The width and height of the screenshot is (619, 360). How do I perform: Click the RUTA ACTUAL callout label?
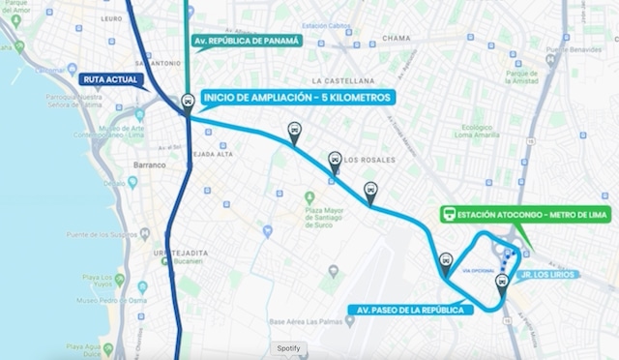(x=111, y=79)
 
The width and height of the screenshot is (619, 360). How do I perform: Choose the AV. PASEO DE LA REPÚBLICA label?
(x=415, y=310)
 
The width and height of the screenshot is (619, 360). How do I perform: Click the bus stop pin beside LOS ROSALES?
(x=334, y=159)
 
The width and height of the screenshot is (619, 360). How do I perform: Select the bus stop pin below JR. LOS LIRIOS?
(x=501, y=283)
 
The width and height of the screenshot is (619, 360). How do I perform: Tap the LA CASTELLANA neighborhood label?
(x=342, y=80)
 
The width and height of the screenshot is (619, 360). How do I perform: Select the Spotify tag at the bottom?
(x=288, y=347)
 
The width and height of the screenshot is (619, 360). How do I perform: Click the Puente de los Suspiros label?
(x=101, y=235)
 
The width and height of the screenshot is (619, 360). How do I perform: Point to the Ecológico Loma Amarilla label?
(x=483, y=132)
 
